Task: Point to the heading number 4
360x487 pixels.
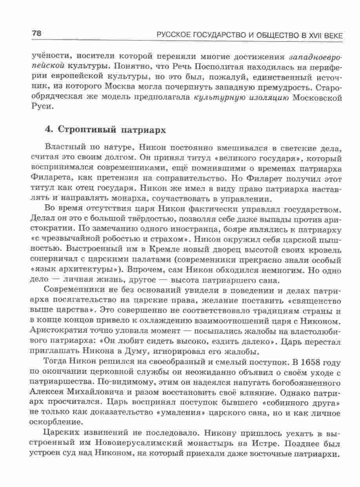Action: point(49,130)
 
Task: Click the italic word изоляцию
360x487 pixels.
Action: point(267,98)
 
